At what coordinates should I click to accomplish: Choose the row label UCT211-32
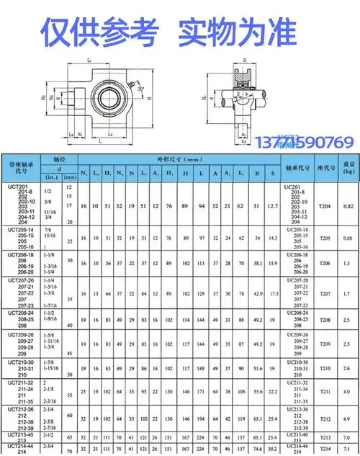point(22,381)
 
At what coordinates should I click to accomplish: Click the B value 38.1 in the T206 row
point(257,264)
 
